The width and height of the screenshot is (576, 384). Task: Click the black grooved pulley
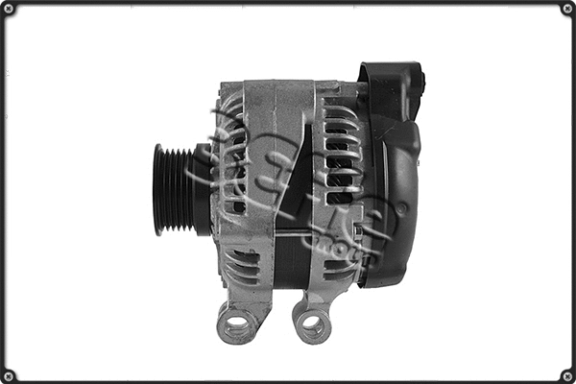pyautogui.click(x=173, y=189)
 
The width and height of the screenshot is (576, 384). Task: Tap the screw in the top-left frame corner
pyautogui.click(x=9, y=9)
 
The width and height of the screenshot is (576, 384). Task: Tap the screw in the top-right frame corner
pyautogui.click(x=566, y=9)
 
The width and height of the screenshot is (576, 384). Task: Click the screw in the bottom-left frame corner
pyautogui.click(x=9, y=374)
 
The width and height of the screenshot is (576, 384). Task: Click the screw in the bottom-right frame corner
pyautogui.click(x=566, y=374)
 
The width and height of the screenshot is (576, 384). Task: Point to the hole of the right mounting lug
pyautogui.click(x=312, y=324)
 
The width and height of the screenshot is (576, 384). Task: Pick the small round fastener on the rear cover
pyautogui.click(x=402, y=207)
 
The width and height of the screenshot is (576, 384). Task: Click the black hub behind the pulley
pyautogui.click(x=203, y=189)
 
